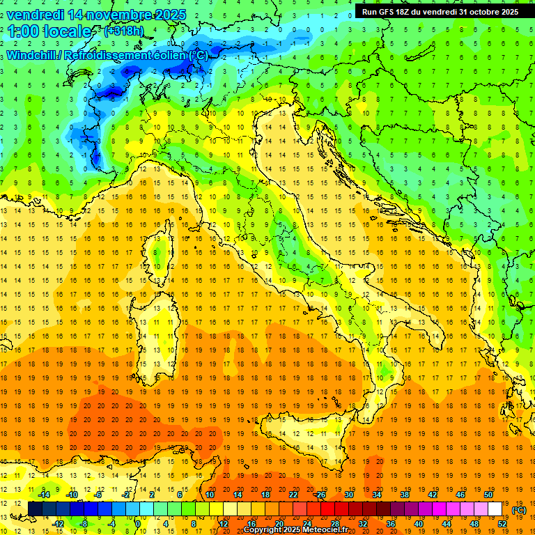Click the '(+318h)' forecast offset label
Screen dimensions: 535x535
pos(124,31)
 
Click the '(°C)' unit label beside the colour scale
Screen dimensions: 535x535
pos(519,510)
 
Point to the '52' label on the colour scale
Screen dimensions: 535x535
pos(502,524)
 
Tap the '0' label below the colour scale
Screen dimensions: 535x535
pos(138,524)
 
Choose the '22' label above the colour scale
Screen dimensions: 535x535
pos(293,495)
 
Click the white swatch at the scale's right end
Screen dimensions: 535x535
pos(495,509)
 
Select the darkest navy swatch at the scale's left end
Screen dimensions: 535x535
pos(35,509)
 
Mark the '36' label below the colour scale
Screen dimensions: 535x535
pos(391,524)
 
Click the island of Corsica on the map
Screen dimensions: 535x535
pos(160,258)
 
